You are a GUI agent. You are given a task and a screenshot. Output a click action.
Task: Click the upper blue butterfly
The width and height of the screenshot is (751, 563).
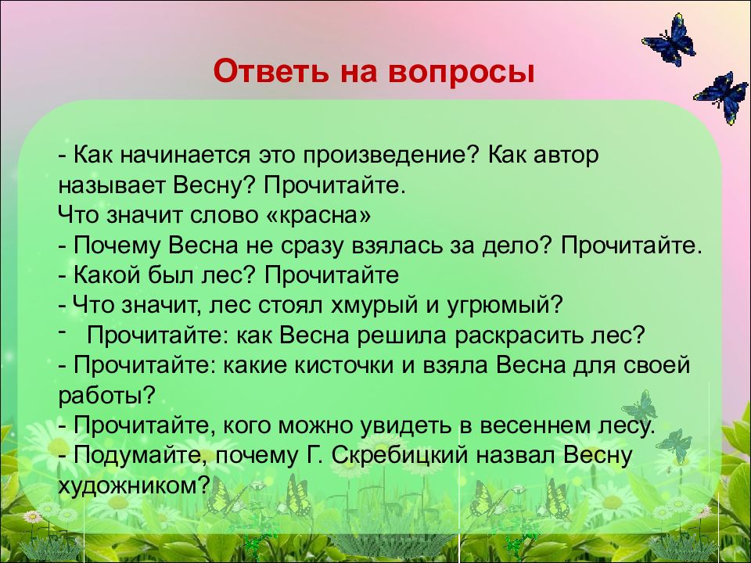(669, 40)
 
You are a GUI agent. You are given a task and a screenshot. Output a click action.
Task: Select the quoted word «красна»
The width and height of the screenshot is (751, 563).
(318, 216)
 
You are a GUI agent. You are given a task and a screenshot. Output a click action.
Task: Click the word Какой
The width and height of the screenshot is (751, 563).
(107, 274)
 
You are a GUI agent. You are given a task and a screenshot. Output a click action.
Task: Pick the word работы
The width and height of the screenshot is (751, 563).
(107, 396)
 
